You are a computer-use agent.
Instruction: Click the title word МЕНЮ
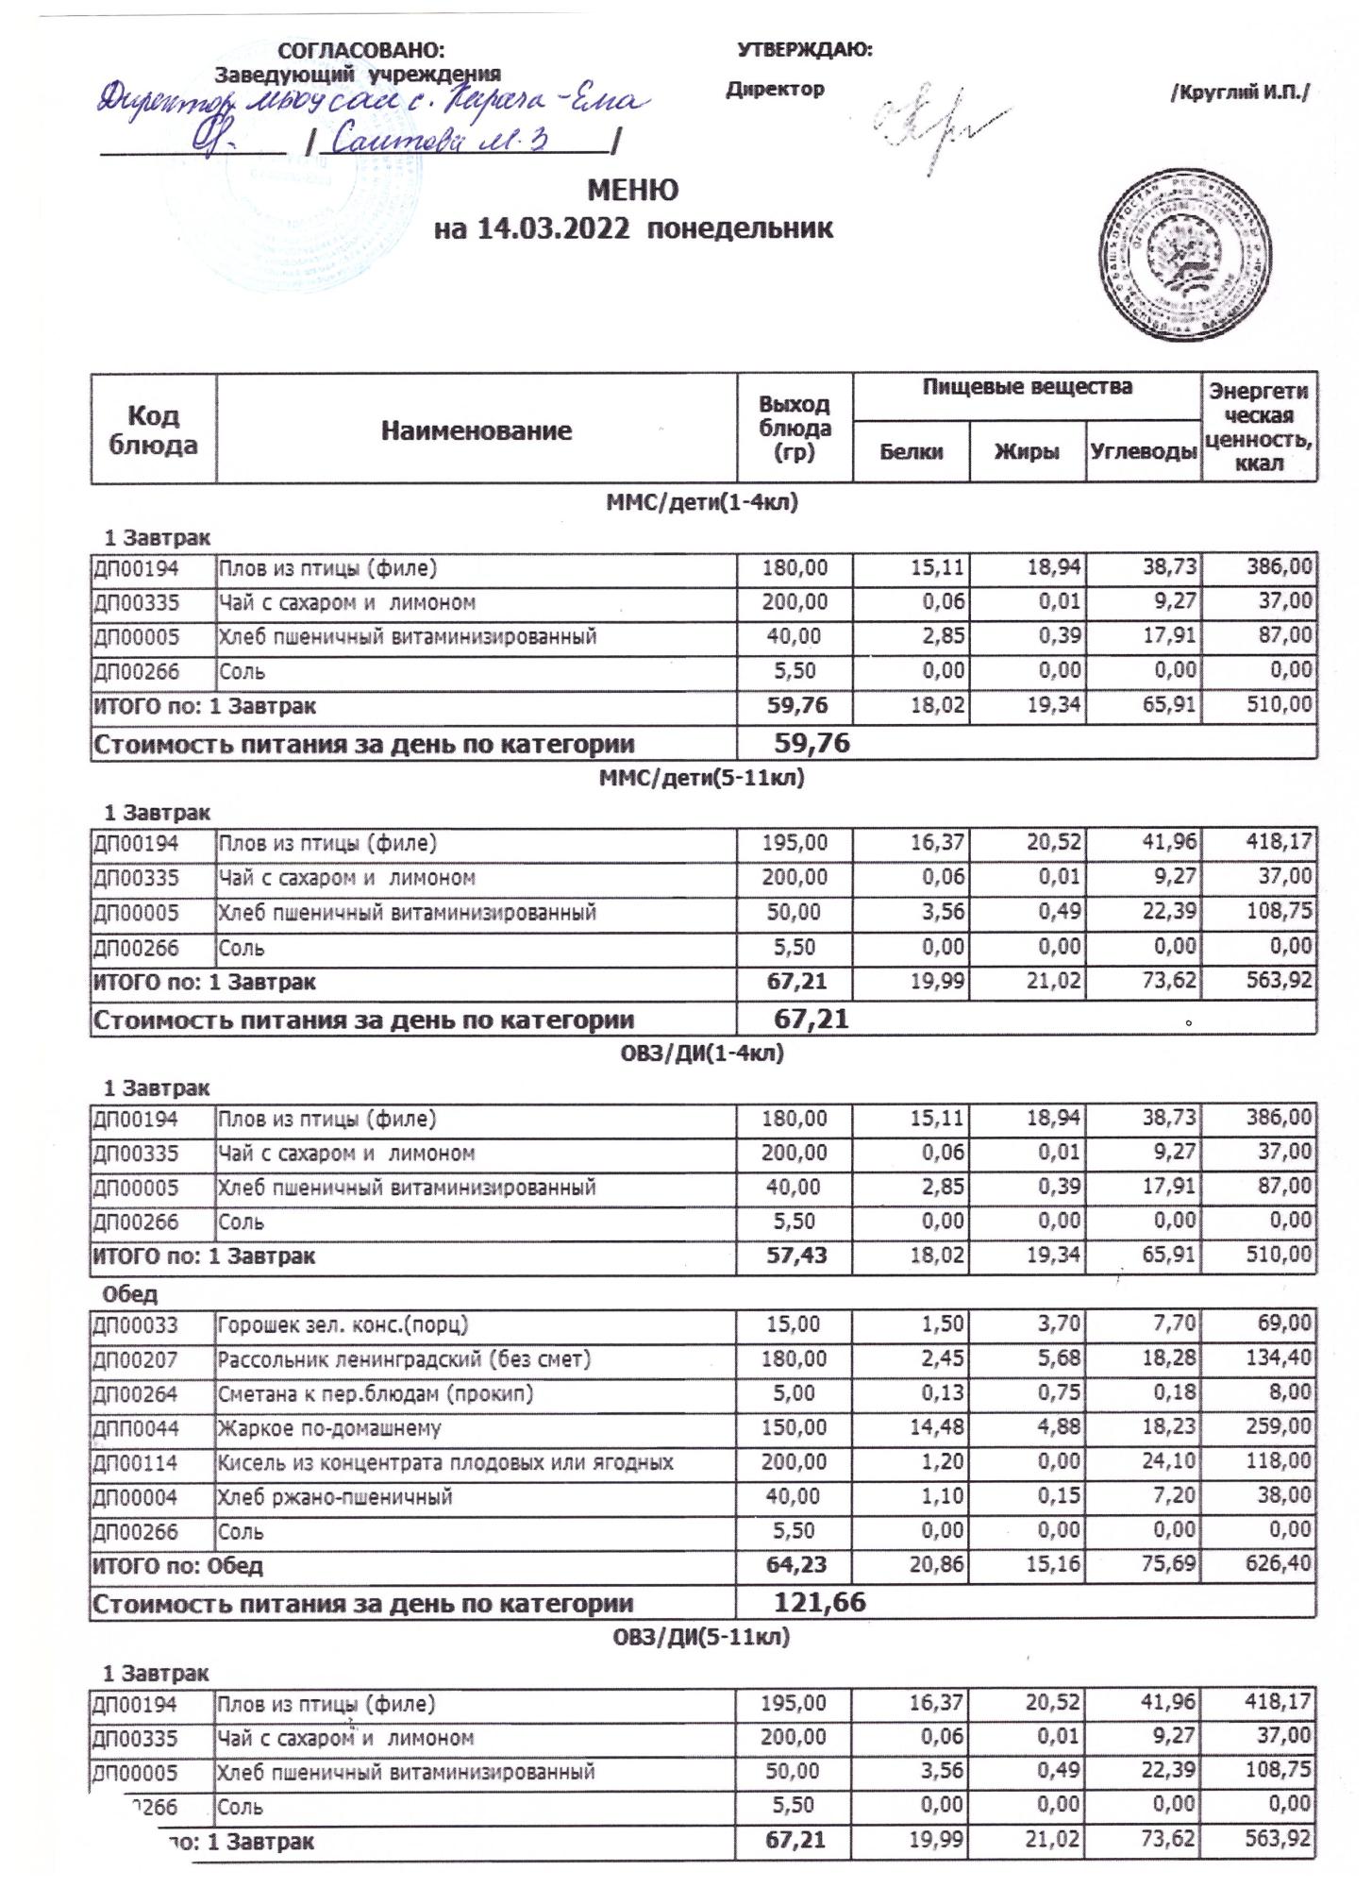click(x=632, y=191)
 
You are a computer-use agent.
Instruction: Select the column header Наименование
click(x=477, y=431)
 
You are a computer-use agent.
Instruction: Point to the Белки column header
click(x=911, y=452)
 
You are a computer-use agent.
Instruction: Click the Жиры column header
click(x=1027, y=452)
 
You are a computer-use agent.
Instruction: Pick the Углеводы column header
click(x=1144, y=452)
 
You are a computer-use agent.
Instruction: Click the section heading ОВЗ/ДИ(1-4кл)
click(x=699, y=1054)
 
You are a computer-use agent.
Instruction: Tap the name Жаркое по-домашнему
click(x=329, y=1428)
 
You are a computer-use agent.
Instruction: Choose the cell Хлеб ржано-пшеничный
click(x=335, y=1497)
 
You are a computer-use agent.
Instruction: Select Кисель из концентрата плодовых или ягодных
click(x=445, y=1463)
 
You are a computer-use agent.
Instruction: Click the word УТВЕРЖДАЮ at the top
click(x=804, y=50)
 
